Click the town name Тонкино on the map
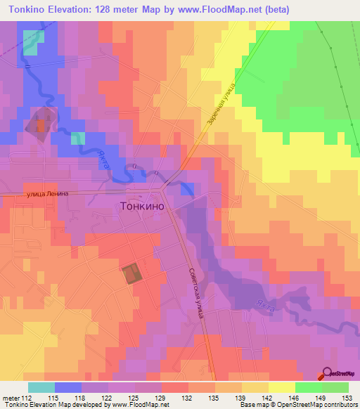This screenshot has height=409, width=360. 143,207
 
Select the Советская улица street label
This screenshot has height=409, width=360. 195,294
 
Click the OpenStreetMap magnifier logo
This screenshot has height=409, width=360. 327,375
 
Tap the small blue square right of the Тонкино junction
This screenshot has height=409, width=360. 188,188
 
